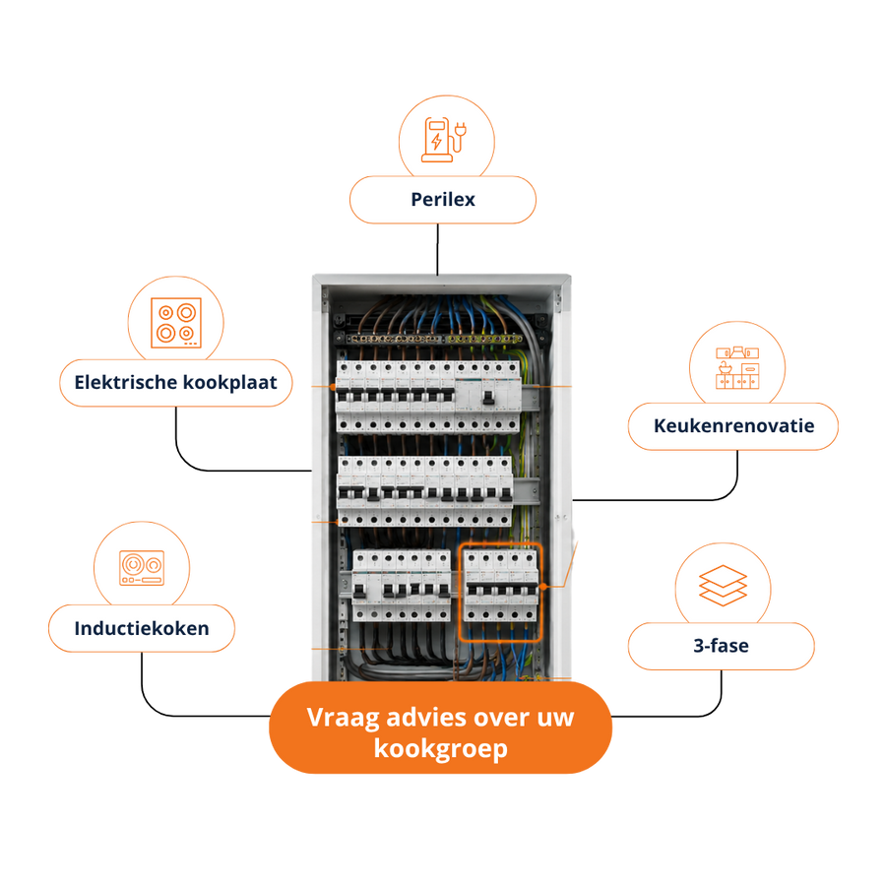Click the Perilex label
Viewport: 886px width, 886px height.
pyautogui.click(x=442, y=200)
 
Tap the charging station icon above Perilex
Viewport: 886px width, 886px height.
pyautogui.click(x=444, y=140)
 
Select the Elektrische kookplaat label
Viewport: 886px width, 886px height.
pyautogui.click(x=176, y=383)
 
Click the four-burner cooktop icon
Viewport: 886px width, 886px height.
pyautogui.click(x=176, y=323)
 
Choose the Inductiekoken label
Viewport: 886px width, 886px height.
pyautogui.click(x=141, y=628)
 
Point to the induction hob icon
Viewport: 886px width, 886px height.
pyautogui.click(x=142, y=567)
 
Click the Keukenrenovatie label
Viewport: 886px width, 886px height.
pyautogui.click(x=733, y=426)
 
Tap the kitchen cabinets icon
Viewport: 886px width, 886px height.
pyautogui.click(x=737, y=368)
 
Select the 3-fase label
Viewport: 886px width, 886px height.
pyautogui.click(x=721, y=645)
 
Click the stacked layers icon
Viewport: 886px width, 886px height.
pyautogui.click(x=723, y=586)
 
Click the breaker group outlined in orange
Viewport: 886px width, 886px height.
pyautogui.click(x=500, y=593)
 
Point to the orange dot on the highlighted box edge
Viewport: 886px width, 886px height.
pyautogui.click(x=542, y=587)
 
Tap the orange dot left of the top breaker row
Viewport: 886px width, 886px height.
pyautogui.click(x=333, y=387)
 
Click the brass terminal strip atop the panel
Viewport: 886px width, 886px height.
pyautogui.click(x=433, y=339)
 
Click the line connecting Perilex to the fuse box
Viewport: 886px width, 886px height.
pyautogui.click(x=437, y=249)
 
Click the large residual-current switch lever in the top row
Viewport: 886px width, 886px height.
pyautogui.click(x=488, y=398)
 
